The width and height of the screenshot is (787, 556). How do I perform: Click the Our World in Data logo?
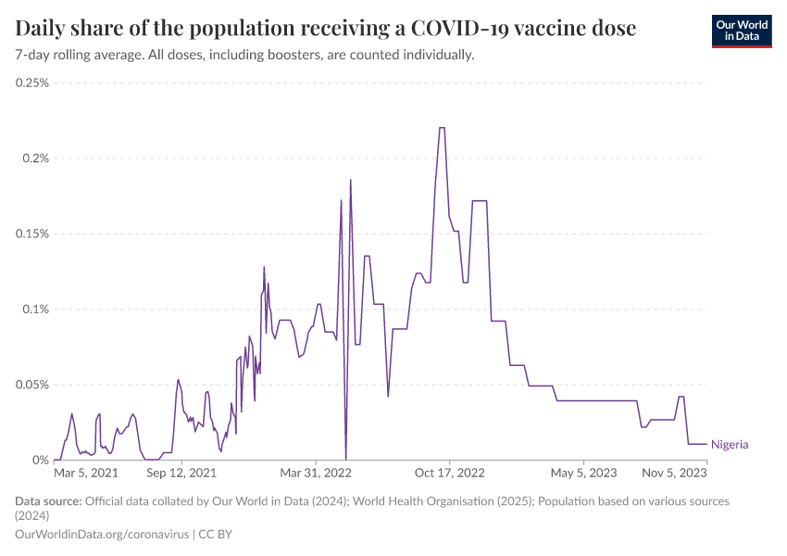pyautogui.click(x=741, y=31)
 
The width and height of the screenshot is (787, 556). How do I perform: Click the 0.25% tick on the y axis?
pyautogui.click(x=32, y=82)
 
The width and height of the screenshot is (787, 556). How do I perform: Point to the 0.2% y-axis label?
pyautogui.click(x=36, y=158)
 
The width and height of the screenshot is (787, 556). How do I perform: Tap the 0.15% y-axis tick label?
pyautogui.click(x=32, y=234)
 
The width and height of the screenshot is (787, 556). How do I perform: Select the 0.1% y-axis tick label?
pyautogui.click(x=36, y=310)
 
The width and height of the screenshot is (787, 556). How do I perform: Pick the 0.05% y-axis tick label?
pyautogui.click(x=32, y=385)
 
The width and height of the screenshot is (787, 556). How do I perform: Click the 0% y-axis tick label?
pyautogui.click(x=41, y=461)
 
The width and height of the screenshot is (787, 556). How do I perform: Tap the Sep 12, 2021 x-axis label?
pyautogui.click(x=183, y=474)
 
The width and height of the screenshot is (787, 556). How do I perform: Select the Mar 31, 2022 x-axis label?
pyautogui.click(x=317, y=474)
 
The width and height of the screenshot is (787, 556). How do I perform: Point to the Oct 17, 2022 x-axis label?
pyautogui.click(x=450, y=474)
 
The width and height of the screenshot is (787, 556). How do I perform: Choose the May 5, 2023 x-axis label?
pyautogui.click(x=583, y=474)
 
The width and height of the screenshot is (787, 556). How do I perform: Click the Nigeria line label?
pyautogui.click(x=730, y=445)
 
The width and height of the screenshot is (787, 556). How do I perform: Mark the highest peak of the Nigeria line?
pyautogui.click(x=442, y=128)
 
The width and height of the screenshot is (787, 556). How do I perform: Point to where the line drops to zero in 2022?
pyautogui.click(x=346, y=459)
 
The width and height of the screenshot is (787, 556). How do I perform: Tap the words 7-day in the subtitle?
pyautogui.click(x=32, y=56)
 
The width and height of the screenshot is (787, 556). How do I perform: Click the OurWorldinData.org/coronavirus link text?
pyautogui.click(x=102, y=535)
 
